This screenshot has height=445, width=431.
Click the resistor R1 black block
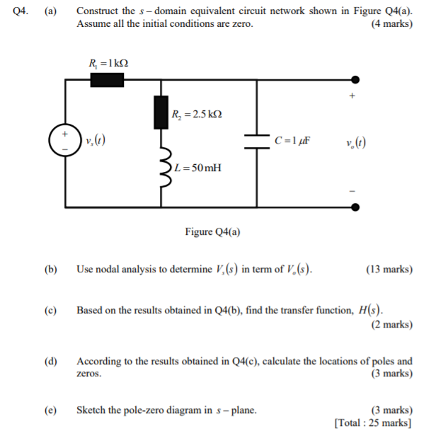[x=107, y=79]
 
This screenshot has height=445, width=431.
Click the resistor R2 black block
[x=161, y=113]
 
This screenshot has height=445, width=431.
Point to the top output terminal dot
[x=356, y=79]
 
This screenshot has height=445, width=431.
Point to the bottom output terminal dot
[x=356, y=207]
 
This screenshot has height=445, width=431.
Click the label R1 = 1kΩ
[x=108, y=62]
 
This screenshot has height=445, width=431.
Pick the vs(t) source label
[x=96, y=141]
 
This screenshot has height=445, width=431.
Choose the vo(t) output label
[x=356, y=141]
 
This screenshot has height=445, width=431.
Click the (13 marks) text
[x=389, y=270]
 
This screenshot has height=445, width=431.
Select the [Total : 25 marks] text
[x=373, y=423]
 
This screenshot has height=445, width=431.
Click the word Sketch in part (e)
[x=92, y=410]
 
